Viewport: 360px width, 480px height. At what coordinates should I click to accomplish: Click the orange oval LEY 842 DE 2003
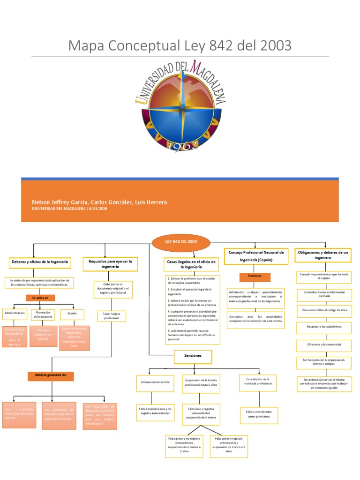(x=180, y=242)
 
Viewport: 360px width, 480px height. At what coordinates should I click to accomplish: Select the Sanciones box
(x=193, y=356)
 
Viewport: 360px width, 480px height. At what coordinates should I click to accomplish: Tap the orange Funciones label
(x=255, y=276)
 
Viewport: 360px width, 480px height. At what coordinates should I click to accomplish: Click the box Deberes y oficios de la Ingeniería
(x=40, y=262)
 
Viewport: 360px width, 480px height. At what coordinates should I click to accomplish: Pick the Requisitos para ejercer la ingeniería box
(x=110, y=263)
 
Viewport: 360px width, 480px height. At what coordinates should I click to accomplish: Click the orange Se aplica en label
(x=40, y=298)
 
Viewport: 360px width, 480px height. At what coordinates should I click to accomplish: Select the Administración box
(x=14, y=313)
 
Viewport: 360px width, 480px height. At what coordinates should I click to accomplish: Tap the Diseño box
(x=72, y=313)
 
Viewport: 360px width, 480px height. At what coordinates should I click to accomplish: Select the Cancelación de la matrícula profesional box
(x=257, y=381)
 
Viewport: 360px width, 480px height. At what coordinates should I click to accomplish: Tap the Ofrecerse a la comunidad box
(x=324, y=344)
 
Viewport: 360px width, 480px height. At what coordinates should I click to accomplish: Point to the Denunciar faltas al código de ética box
(x=324, y=310)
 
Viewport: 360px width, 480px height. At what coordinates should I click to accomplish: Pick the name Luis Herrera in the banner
(x=151, y=202)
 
